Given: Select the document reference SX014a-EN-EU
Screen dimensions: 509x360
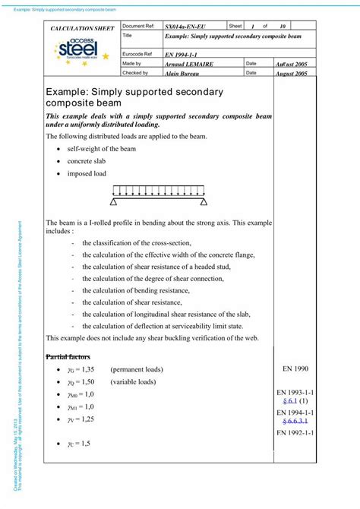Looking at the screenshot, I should (185, 27).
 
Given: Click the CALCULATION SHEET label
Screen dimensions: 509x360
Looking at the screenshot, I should (81, 27).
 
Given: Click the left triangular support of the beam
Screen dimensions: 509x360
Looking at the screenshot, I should (114, 202).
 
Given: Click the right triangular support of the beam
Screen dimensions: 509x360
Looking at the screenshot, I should (203, 202).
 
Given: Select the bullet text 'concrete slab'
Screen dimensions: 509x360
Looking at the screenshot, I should (87, 161).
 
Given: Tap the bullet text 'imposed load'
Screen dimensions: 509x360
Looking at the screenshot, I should (86, 174).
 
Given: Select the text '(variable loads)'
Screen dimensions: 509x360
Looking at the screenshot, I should (133, 381).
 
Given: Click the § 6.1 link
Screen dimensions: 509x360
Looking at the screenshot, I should (291, 400).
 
